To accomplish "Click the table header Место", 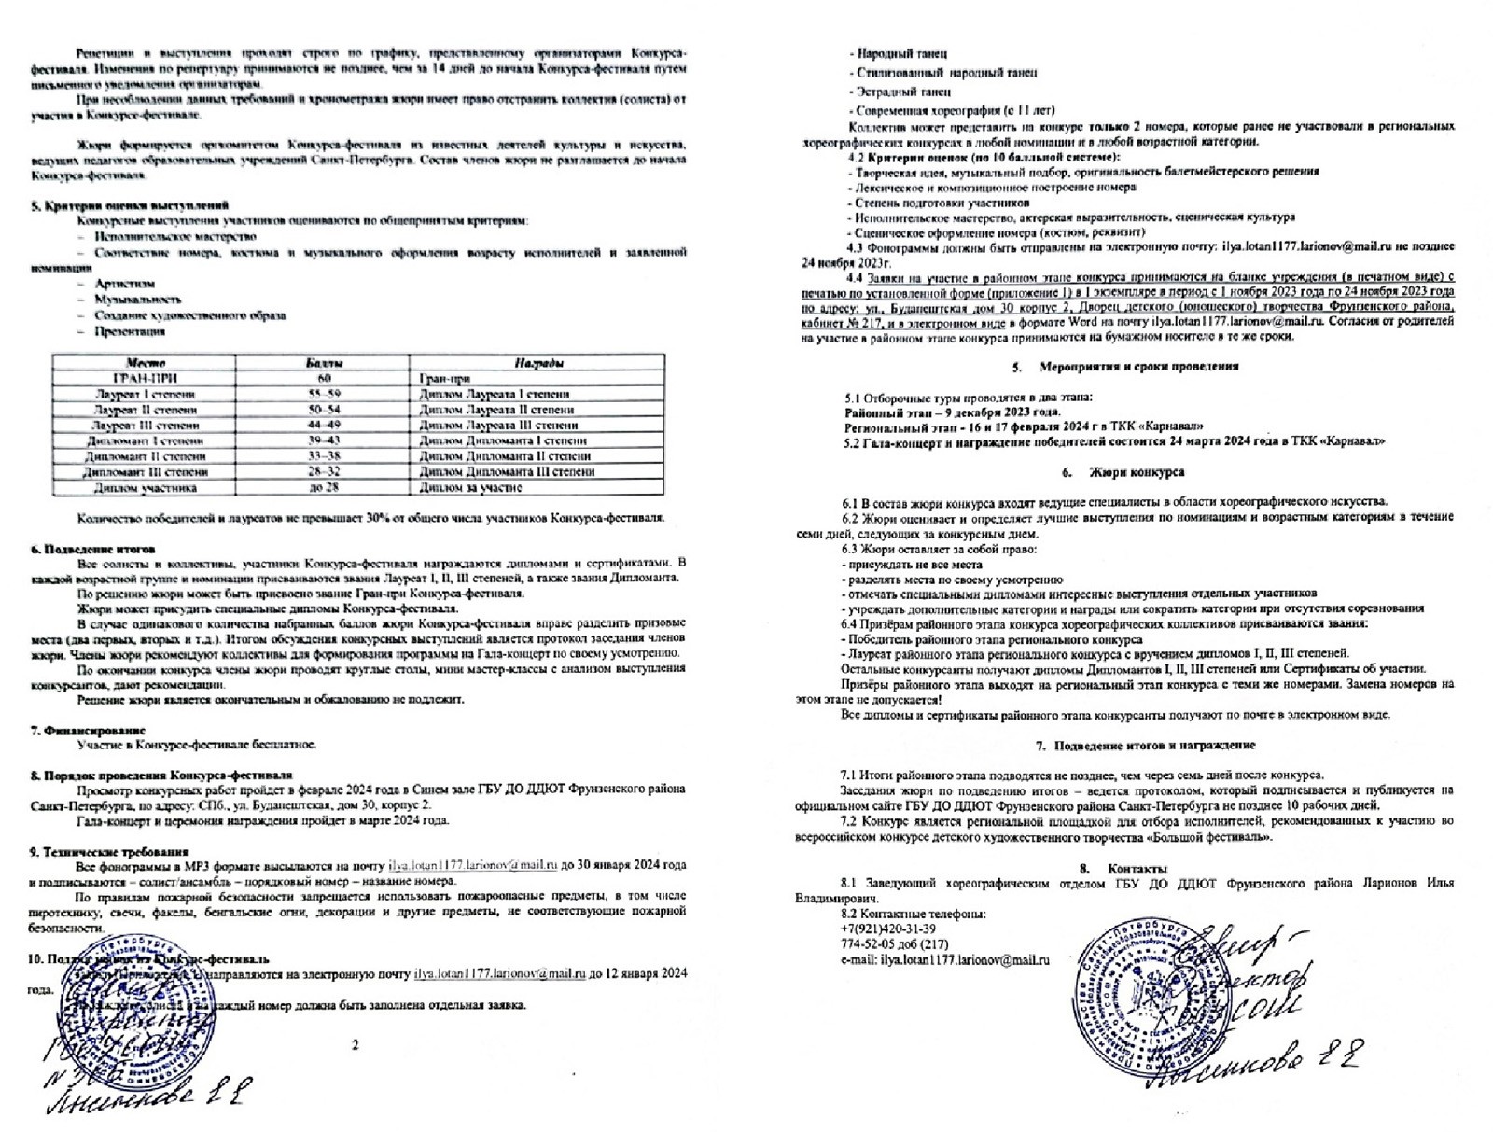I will pos(145,363).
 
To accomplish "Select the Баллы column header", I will pos(325,363).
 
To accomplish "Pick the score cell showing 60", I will pos(325,378).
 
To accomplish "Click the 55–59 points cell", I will pos(325,394).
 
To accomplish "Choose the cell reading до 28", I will pos(325,487).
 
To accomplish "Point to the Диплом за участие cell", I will pos(470,487).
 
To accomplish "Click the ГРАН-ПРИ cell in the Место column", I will pos(145,378).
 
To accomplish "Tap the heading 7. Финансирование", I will pos(88,730).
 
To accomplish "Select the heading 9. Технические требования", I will pos(109,852).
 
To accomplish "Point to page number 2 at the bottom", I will pos(355,1045).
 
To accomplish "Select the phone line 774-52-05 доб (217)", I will pos(894,944).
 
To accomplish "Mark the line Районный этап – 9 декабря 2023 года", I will pos(953,412).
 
